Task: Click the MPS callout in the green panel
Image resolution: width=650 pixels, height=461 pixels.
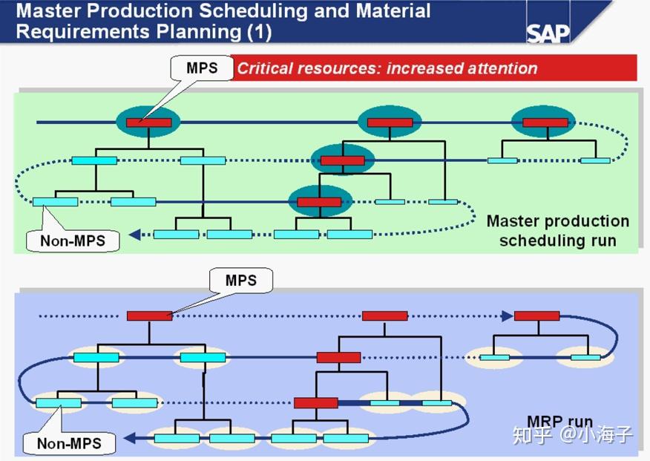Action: coord(202,68)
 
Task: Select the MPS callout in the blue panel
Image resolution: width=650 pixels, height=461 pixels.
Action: coord(241,281)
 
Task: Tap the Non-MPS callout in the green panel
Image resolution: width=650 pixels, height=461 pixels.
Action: coord(72,240)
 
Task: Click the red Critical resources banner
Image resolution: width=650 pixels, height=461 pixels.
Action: coord(433,68)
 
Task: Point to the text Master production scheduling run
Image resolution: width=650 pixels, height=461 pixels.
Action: coord(557,231)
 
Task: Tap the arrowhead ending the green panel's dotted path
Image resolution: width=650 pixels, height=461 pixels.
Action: coord(134,235)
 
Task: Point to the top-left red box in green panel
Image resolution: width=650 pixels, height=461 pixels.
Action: coord(148,122)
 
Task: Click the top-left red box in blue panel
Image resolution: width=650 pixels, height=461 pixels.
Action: coord(149,315)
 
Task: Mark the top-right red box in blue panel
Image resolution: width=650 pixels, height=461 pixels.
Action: coord(536,315)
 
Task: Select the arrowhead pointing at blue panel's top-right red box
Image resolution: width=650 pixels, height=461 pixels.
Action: coord(507,315)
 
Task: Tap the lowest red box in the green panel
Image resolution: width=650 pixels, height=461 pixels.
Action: coord(319,202)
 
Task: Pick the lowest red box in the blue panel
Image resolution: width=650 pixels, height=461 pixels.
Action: coord(316,403)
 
